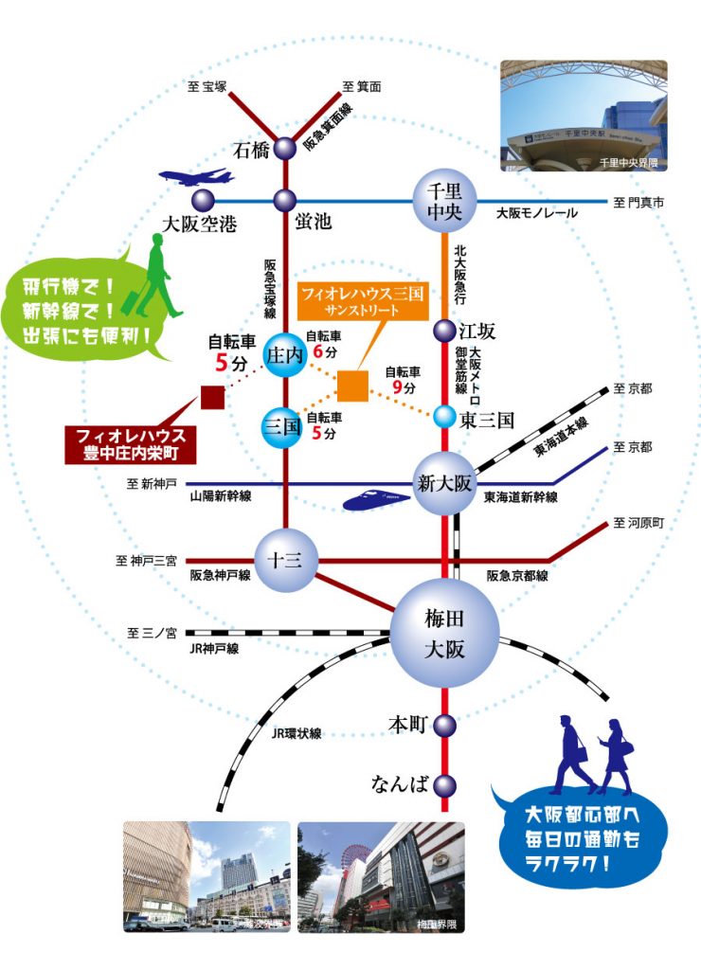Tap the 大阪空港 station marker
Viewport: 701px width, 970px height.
point(202,200)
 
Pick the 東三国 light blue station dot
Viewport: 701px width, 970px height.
point(445,416)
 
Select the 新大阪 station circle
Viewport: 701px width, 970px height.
point(444,483)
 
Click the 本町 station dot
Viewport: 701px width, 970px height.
point(445,725)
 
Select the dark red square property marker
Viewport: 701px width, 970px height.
point(212,398)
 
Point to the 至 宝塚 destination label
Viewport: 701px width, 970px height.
point(207,87)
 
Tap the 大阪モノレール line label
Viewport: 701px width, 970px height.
point(537,214)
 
